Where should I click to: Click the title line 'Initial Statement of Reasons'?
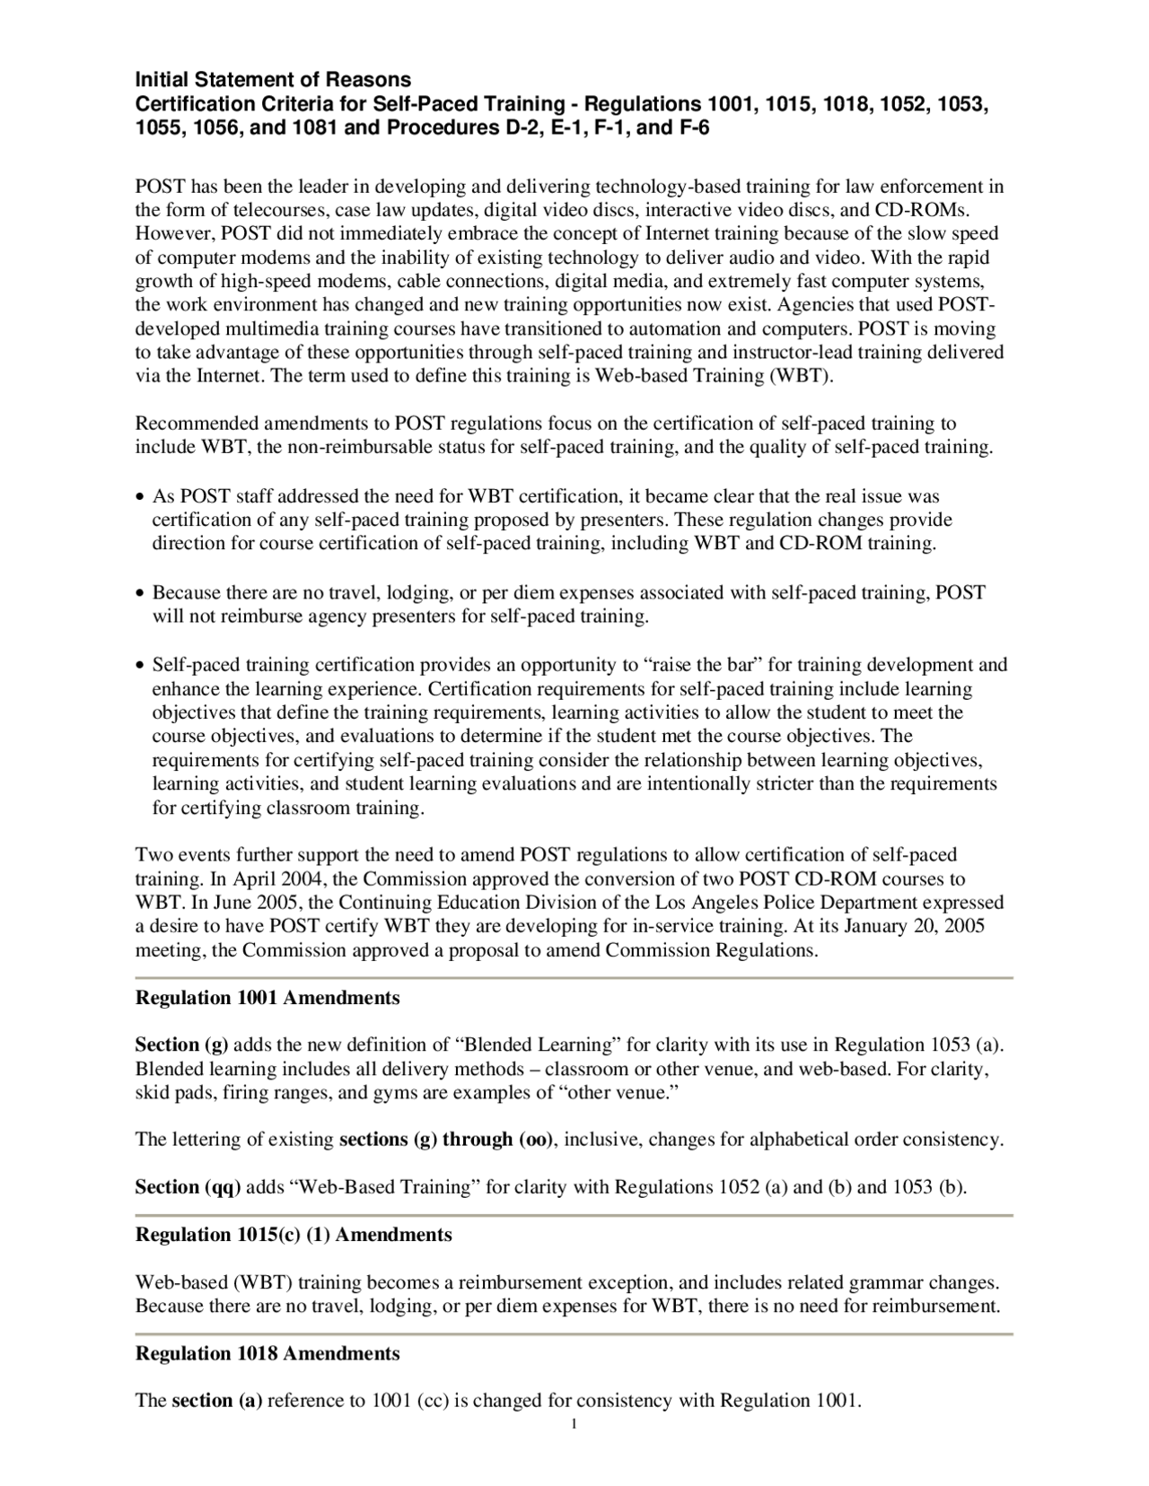point(273,80)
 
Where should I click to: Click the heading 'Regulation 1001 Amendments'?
point(267,998)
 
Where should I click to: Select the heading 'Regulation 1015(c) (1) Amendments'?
point(293,1235)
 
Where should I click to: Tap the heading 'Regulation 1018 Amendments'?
point(267,1353)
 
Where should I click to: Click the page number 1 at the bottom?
point(574,1425)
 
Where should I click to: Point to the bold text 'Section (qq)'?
point(187,1187)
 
